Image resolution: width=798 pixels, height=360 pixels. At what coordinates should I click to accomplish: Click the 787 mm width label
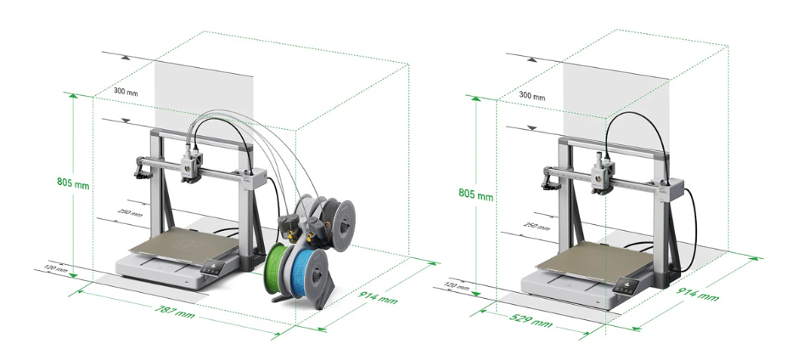[x=175, y=311]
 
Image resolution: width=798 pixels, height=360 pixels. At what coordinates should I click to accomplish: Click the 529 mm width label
[x=531, y=320]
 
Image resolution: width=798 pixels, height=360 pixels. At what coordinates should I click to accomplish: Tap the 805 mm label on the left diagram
[x=73, y=183]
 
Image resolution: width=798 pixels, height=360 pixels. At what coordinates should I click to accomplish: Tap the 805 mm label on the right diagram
[x=476, y=194]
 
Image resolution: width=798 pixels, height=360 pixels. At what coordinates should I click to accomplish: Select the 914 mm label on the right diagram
[x=697, y=295]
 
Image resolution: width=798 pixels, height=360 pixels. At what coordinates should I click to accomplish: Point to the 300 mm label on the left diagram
[x=125, y=92]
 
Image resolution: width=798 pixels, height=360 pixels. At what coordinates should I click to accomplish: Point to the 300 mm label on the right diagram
[x=531, y=95]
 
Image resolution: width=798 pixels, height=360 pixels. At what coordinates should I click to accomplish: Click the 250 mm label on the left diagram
[x=130, y=212]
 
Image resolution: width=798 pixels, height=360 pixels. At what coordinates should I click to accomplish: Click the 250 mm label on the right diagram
[x=537, y=225]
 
